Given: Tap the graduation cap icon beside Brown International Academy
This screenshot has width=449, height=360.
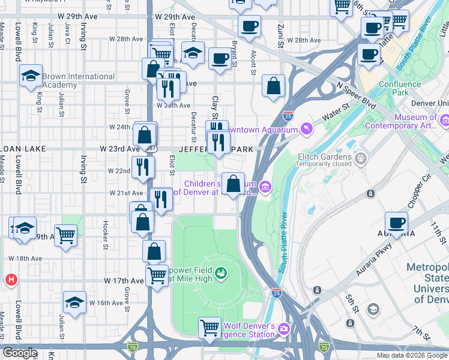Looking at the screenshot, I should (x=30, y=77).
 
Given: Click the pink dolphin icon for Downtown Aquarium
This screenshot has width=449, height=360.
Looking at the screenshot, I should (x=307, y=130).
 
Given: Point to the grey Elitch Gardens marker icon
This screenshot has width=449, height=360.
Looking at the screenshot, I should (x=360, y=159).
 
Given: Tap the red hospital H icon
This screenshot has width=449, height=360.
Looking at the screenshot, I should (x=10, y=280).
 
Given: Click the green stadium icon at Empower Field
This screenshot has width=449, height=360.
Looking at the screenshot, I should (x=221, y=274).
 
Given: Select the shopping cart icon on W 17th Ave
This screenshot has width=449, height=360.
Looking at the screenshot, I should (x=157, y=277).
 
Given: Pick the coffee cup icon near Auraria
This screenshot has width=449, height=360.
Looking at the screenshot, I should (x=396, y=223).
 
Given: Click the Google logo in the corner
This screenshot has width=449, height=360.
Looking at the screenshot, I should (x=20, y=353).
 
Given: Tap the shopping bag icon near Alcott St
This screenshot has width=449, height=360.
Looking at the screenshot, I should (x=273, y=86).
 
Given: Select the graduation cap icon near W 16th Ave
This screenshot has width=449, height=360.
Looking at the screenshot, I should (x=74, y=302).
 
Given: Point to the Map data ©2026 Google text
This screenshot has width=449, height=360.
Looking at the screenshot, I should (x=412, y=355).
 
